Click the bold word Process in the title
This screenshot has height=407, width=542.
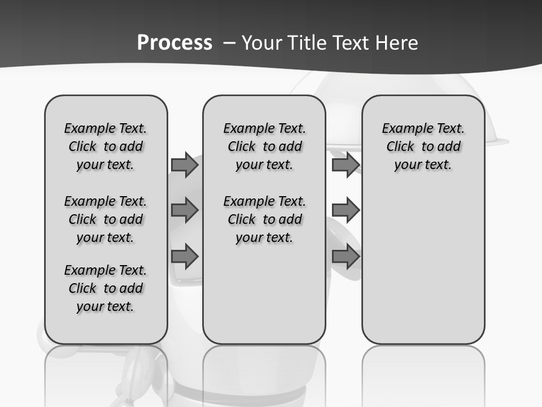(174, 43)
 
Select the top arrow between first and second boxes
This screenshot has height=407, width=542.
(184, 165)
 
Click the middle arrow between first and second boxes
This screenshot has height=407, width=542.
(184, 211)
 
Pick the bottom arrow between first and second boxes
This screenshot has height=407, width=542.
(184, 257)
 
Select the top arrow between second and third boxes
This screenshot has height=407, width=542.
(346, 165)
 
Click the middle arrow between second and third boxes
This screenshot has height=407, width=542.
(346, 211)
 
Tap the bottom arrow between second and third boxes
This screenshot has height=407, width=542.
(346, 257)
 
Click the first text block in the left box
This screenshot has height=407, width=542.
(106, 146)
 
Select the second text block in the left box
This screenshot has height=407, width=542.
(106, 219)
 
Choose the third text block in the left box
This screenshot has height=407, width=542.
(106, 288)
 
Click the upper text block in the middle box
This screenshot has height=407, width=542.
(264, 146)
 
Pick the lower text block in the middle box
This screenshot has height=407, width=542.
(264, 219)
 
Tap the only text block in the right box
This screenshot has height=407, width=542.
(423, 146)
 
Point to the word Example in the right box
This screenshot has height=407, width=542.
(403, 129)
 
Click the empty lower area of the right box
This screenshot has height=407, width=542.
(423, 266)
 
